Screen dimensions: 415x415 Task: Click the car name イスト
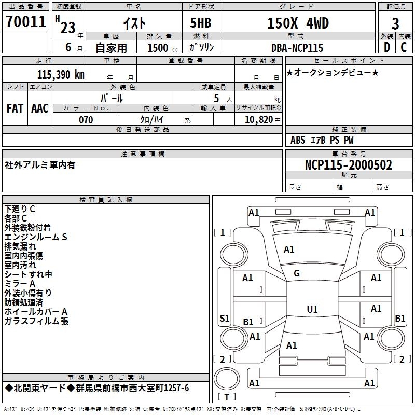(x=134, y=23)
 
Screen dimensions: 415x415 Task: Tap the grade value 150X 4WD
(x=298, y=23)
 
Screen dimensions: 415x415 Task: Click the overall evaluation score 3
(x=395, y=23)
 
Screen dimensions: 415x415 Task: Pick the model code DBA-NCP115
(x=297, y=48)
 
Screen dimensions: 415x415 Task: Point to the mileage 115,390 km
(x=60, y=74)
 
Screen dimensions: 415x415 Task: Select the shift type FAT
(x=15, y=108)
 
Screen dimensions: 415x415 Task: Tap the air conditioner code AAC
(x=40, y=108)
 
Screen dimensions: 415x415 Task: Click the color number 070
(x=86, y=120)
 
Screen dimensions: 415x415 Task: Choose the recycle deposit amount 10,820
(x=258, y=120)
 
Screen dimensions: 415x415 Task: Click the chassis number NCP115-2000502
(x=348, y=165)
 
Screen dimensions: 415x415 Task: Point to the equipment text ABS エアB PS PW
(x=322, y=140)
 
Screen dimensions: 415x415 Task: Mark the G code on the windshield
(x=297, y=273)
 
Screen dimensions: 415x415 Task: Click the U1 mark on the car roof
(x=312, y=310)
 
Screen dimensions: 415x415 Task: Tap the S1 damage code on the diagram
(x=225, y=318)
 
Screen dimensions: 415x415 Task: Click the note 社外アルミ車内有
(x=40, y=165)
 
